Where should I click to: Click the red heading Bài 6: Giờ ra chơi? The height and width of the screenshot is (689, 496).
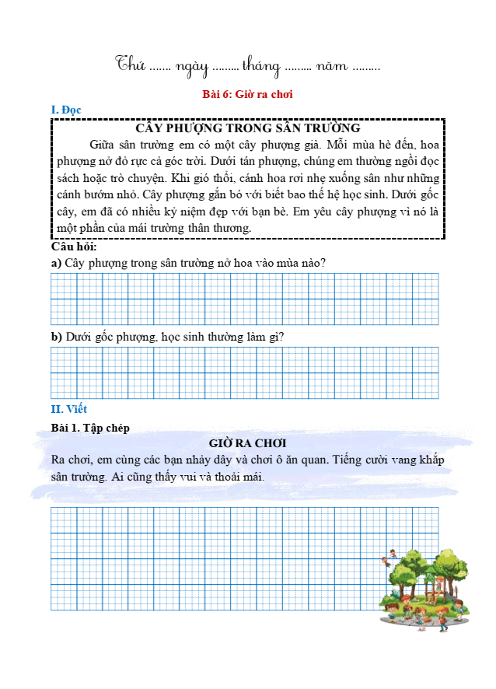coord(246,94)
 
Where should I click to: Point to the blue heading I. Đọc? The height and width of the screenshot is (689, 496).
coord(66,110)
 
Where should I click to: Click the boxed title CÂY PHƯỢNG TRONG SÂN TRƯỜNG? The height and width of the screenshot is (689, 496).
coord(247,128)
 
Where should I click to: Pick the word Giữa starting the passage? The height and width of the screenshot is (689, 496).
coord(103,145)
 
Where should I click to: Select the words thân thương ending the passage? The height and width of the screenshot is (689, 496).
coord(220,227)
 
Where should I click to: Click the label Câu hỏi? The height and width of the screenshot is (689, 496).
coord(73,247)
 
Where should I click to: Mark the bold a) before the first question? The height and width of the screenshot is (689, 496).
coord(56,263)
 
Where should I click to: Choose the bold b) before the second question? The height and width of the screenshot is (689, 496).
coord(57,336)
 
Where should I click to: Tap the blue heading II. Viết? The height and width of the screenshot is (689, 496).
coord(69,408)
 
